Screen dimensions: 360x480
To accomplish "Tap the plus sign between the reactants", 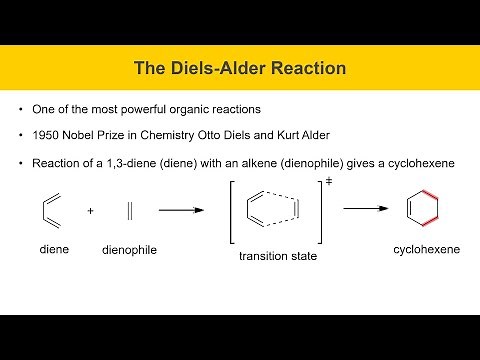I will [90, 211].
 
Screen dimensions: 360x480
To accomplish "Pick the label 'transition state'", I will [277, 256].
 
